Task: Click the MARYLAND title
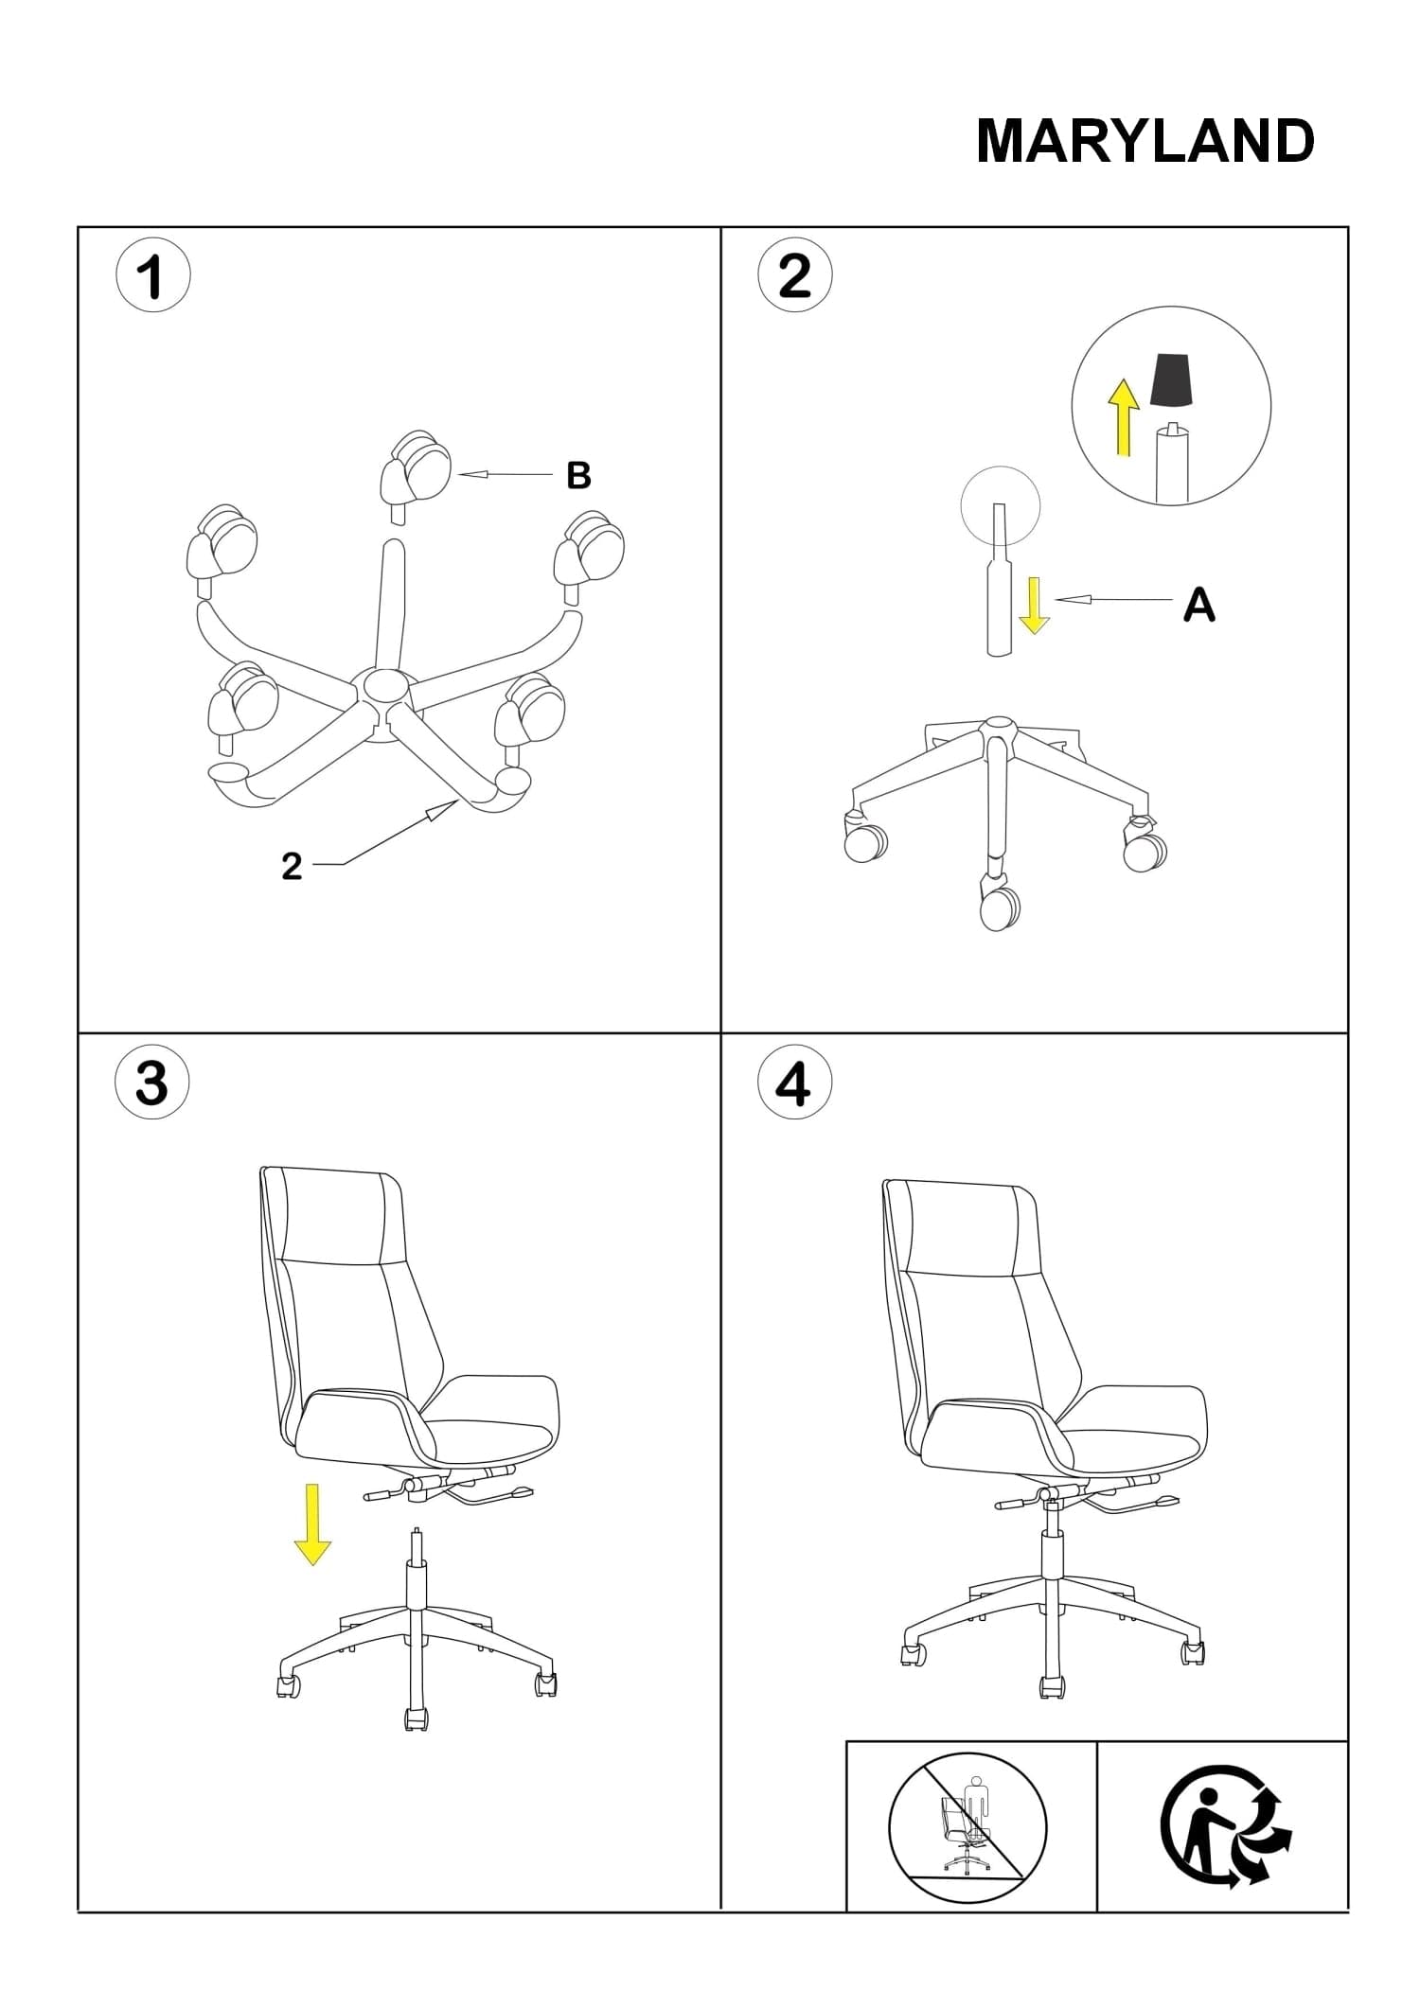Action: point(1145,142)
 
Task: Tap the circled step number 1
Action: point(152,278)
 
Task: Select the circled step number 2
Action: point(795,275)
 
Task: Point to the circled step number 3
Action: point(151,1083)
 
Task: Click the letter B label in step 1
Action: point(578,475)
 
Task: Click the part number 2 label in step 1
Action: point(292,866)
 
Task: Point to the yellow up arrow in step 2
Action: point(1124,417)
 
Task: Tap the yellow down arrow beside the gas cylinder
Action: point(1034,605)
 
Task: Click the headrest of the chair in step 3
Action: point(333,1215)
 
